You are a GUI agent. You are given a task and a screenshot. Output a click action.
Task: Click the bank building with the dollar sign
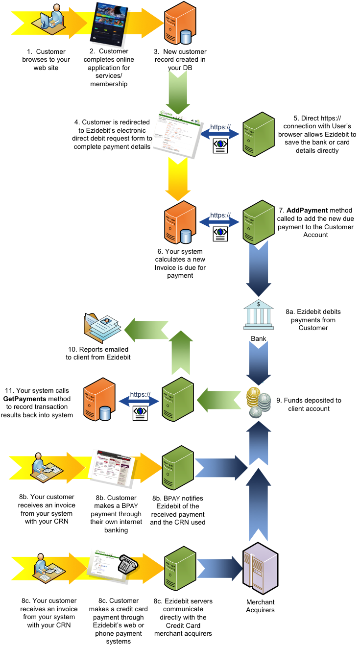click(x=259, y=315)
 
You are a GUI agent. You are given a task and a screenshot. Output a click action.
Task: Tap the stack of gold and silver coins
click(x=258, y=402)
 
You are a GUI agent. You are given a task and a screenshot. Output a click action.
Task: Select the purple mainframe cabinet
click(x=260, y=568)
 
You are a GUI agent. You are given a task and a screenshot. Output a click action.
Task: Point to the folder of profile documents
click(x=102, y=328)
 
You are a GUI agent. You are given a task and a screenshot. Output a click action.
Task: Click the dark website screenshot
click(x=108, y=24)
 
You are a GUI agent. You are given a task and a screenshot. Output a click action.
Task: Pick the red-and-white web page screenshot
click(x=112, y=467)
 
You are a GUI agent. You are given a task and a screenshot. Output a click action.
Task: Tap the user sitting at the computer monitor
click(x=49, y=21)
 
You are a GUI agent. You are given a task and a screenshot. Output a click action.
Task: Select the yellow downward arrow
click(x=178, y=178)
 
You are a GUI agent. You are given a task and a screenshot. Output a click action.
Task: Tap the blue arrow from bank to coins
click(x=259, y=363)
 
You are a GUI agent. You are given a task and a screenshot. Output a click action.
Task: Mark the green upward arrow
click(x=181, y=353)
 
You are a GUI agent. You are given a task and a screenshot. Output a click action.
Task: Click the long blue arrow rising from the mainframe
click(x=258, y=504)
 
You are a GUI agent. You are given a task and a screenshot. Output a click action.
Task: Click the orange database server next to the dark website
click(x=180, y=24)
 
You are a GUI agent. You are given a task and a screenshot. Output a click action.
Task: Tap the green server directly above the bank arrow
click(x=259, y=222)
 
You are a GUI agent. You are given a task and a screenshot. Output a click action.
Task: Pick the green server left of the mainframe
click(x=180, y=568)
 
